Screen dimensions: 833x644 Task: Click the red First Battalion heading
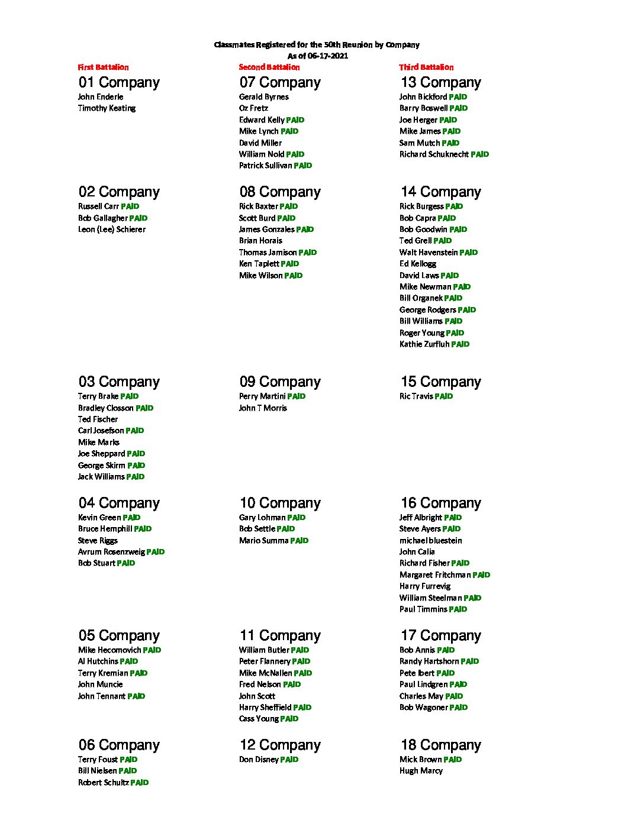[103, 67]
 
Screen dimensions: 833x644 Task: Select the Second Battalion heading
[269, 67]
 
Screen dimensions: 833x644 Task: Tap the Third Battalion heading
[426, 67]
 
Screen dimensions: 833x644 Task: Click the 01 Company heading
[119, 83]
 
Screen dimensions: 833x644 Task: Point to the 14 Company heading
[440, 192]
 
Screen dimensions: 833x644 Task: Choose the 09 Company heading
[280, 382]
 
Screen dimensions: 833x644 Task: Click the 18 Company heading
[440, 745]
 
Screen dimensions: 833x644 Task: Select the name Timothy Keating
[107, 108]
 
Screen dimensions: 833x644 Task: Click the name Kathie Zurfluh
[424, 344]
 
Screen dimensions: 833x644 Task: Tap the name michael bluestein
[430, 541]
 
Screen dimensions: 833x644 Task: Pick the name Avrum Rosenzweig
[111, 552]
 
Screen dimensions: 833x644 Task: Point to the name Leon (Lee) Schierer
[111, 230]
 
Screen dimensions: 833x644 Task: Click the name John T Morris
[263, 408]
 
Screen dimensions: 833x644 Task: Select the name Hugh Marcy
[421, 771]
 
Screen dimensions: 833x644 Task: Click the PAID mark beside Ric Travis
[444, 396]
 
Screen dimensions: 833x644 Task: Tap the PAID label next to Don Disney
[289, 760]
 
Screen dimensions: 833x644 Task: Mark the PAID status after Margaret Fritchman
[481, 575]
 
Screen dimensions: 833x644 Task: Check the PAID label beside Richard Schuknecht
[480, 154]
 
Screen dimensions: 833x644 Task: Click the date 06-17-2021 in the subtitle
[327, 56]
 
